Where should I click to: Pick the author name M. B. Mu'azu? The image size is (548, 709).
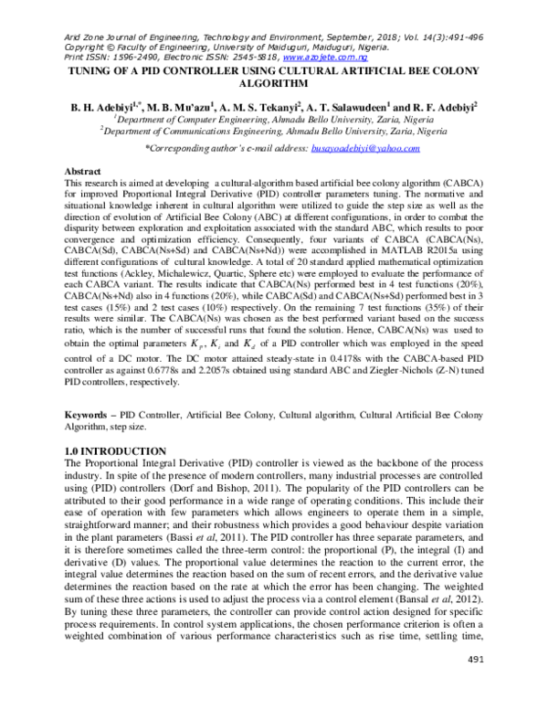pos(179,106)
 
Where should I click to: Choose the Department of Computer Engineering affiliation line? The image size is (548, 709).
pos(273,119)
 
